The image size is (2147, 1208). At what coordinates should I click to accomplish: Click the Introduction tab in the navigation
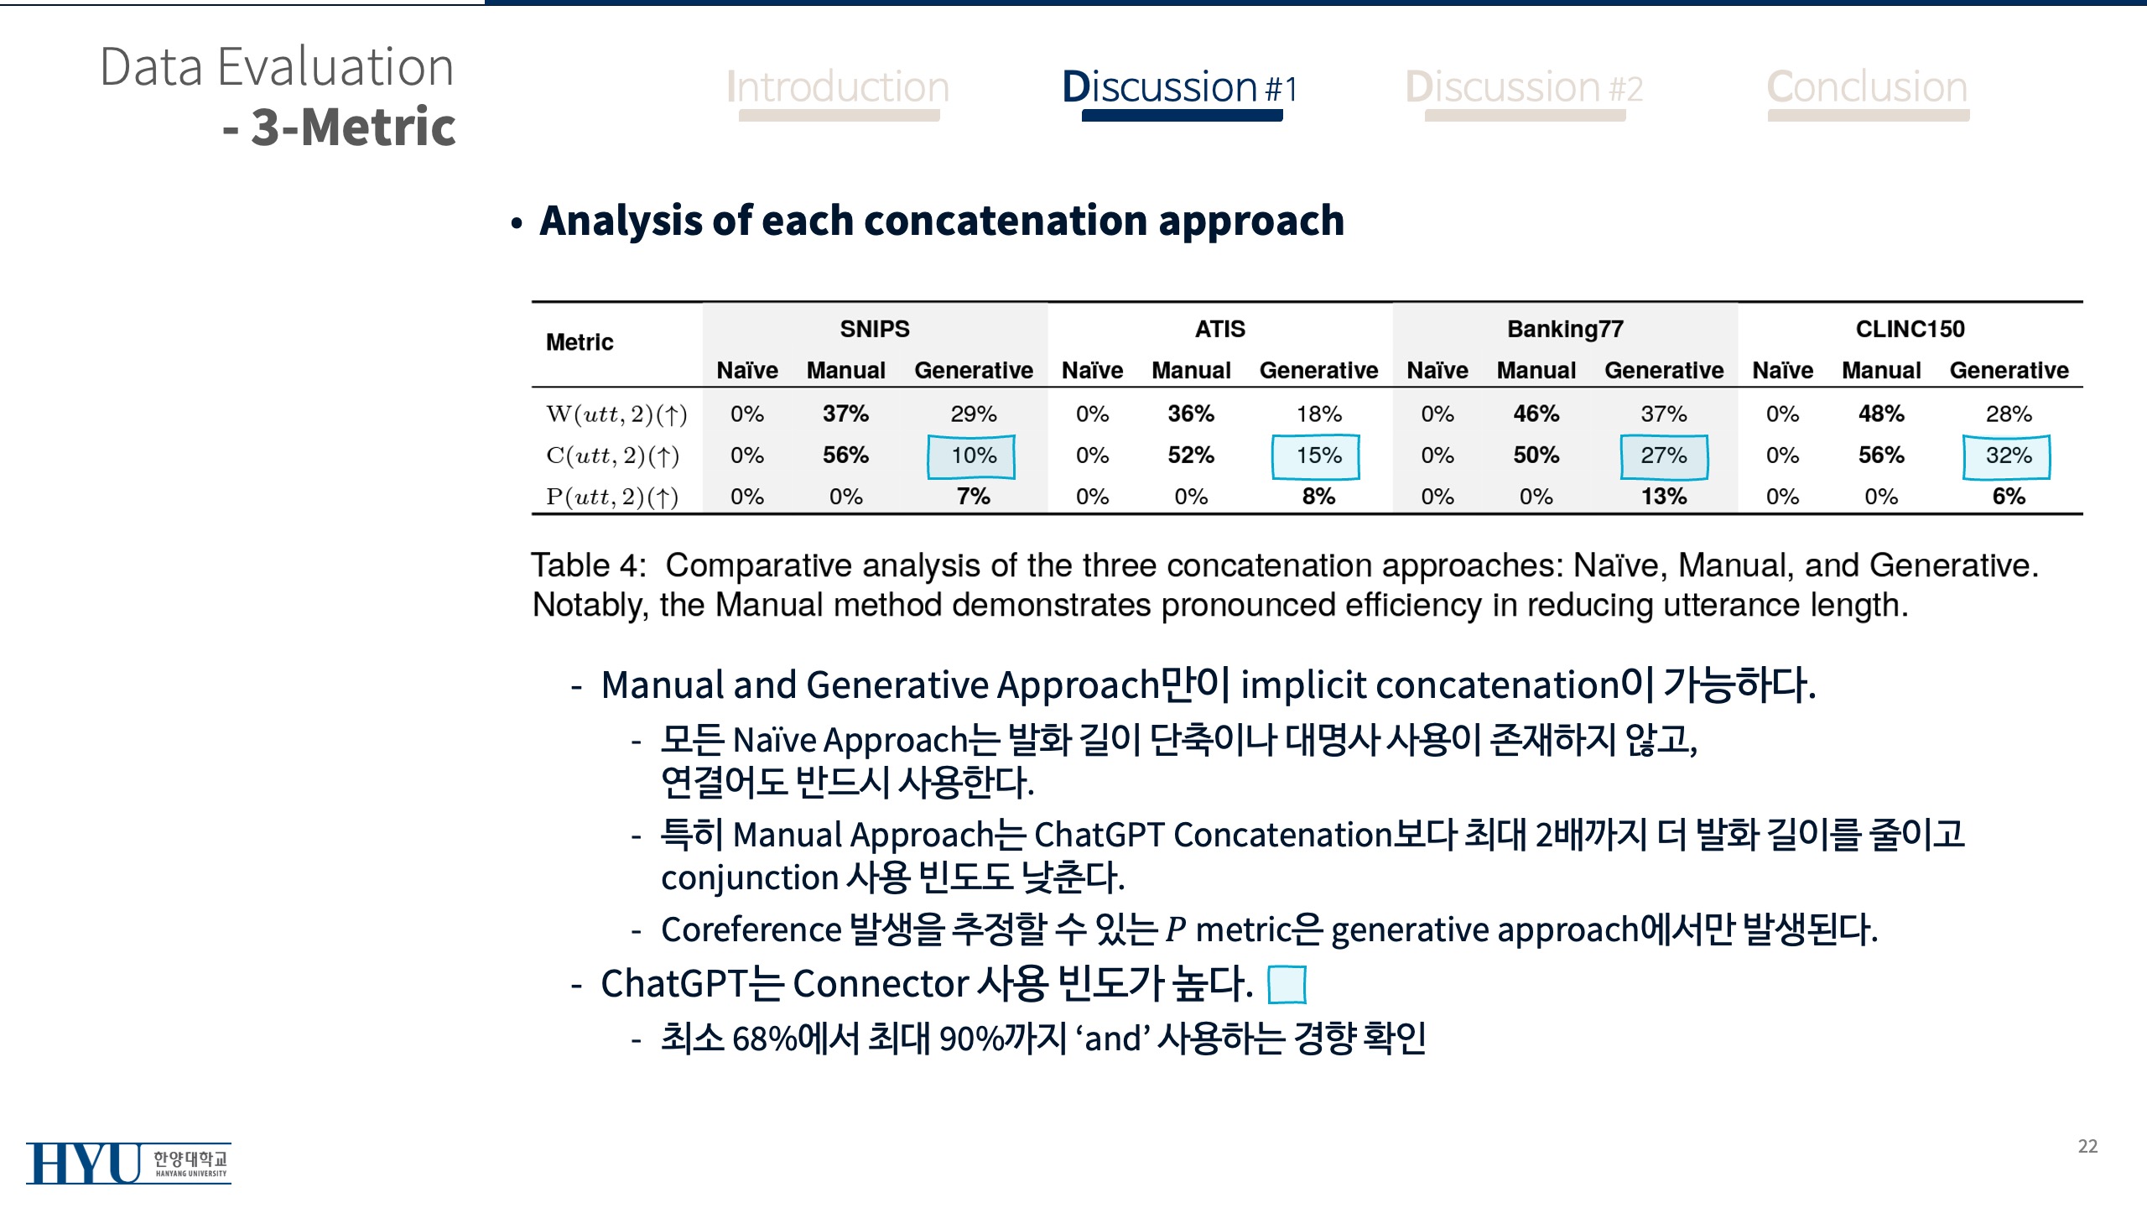coord(838,87)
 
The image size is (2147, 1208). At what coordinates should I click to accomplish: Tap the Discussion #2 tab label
coord(1524,87)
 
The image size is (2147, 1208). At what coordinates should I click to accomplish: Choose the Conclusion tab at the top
coord(1868,87)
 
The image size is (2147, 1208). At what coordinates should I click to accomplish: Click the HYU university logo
coord(128,1164)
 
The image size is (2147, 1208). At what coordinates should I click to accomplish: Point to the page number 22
coord(2087,1146)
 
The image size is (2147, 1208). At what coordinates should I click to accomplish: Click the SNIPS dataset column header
coord(875,329)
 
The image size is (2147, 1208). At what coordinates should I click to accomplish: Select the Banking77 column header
coord(1565,329)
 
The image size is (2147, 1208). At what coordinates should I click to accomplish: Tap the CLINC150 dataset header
coord(1910,329)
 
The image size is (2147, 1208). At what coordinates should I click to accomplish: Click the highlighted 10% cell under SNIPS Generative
coord(972,456)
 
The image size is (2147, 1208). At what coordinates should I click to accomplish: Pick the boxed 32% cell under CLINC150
coord(2007,456)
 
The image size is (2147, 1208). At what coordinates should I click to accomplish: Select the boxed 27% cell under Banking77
coord(1664,456)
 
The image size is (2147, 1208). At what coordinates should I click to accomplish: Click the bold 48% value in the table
coord(1881,414)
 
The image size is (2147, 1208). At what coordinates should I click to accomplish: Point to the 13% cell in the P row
coord(1664,497)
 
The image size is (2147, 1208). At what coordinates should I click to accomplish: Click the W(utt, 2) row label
coord(616,414)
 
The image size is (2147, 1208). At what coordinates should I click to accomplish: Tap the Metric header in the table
coord(580,342)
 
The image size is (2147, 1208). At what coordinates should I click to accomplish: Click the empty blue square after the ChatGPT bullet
coord(1287,985)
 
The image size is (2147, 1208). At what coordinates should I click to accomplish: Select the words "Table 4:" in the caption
coord(589,565)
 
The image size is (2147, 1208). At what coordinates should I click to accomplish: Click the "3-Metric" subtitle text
coord(353,128)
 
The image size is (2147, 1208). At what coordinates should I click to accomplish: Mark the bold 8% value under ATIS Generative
coord(1318,497)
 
